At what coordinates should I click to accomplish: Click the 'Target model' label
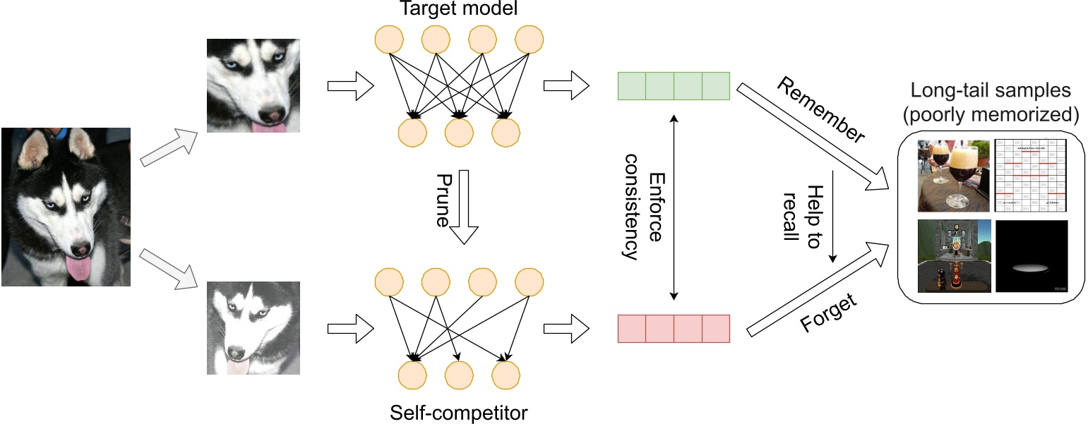(458, 9)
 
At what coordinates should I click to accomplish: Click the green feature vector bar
(674, 86)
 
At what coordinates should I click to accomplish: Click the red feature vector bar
(674, 329)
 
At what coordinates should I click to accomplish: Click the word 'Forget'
(830, 313)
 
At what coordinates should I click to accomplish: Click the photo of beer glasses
(952, 176)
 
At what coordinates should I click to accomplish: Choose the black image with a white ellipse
(1031, 257)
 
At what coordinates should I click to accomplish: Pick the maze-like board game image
(1031, 176)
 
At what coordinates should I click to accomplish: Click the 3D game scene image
(953, 257)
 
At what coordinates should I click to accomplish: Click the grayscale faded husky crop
(253, 328)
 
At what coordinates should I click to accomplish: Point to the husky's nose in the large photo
(82, 249)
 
